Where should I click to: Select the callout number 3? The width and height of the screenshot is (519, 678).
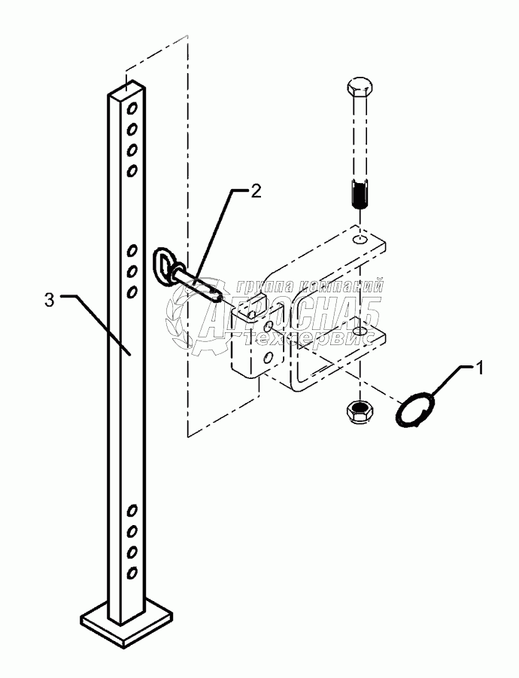[50, 300]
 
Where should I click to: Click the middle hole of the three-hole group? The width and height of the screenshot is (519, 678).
[132, 270]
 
